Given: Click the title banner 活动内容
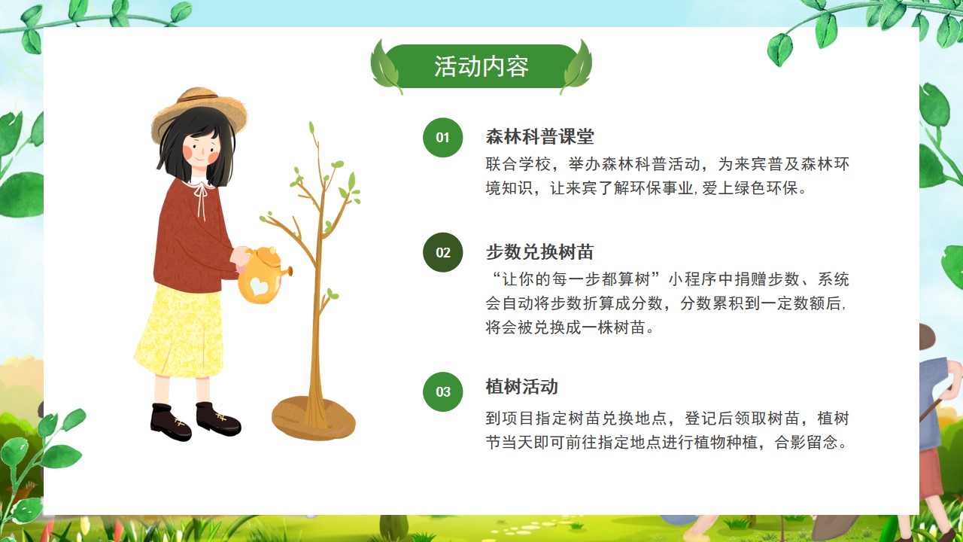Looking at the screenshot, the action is (481, 66).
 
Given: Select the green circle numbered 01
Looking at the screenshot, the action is (443, 137).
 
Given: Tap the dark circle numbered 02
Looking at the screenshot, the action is (443, 252).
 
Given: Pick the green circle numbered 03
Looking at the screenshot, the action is (443, 392).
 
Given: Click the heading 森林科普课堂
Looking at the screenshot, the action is (540, 137).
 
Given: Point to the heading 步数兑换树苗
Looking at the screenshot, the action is (540, 252).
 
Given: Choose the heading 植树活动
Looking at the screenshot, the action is (522, 387).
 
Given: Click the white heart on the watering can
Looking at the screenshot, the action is (260, 285).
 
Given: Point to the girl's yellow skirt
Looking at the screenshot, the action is (180, 331).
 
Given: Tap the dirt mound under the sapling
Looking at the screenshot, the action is (314, 419).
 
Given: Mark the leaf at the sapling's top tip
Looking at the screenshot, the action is (312, 127).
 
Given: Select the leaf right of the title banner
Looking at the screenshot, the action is (577, 67).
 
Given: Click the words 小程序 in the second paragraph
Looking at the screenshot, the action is (693, 279).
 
